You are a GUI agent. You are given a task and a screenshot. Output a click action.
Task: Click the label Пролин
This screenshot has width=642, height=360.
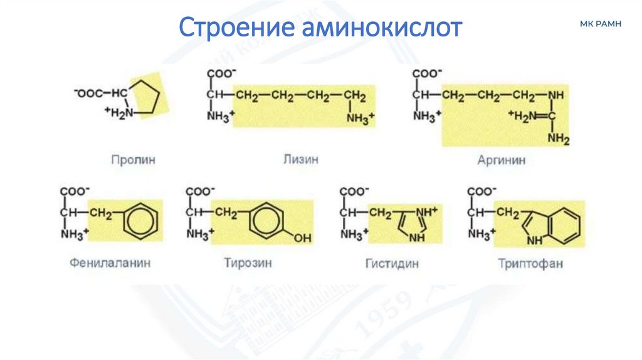(x=134, y=160)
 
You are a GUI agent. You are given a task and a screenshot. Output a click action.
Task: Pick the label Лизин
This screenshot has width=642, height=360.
(x=302, y=159)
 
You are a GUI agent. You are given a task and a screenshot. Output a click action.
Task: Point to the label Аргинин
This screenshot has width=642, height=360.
(x=501, y=161)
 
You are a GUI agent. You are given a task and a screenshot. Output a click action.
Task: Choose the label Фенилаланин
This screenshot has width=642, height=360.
(x=111, y=263)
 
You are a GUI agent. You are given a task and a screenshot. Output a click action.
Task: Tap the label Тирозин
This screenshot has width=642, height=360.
(x=248, y=263)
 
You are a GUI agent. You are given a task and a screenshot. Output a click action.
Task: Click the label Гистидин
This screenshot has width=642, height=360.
(x=392, y=263)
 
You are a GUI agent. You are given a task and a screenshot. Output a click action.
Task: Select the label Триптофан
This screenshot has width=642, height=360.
(x=530, y=263)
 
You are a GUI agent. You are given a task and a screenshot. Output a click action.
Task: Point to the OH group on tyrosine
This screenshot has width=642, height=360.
(x=302, y=238)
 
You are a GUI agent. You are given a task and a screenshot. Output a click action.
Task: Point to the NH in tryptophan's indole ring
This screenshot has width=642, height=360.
(x=534, y=239)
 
